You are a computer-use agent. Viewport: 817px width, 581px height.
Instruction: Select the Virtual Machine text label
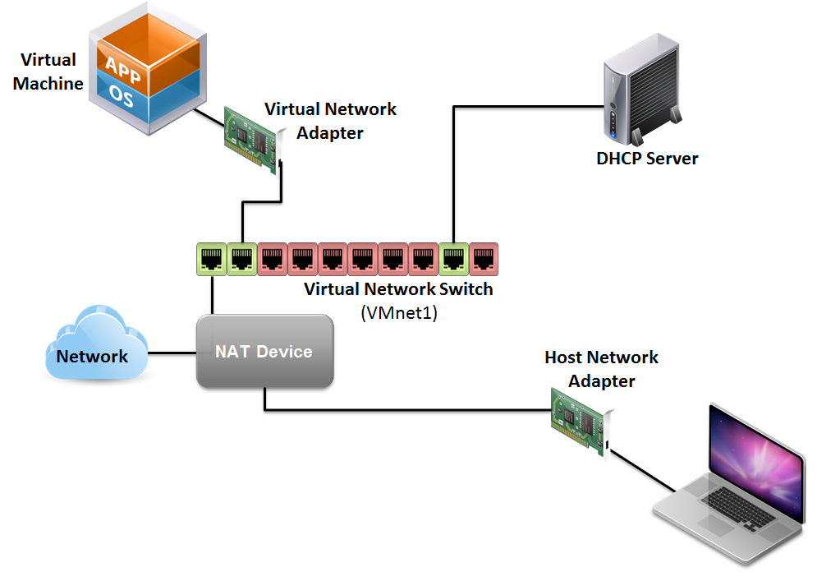tap(48, 71)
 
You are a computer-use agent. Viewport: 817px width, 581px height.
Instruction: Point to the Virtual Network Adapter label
tap(330, 120)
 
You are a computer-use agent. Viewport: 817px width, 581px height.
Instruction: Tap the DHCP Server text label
tap(647, 159)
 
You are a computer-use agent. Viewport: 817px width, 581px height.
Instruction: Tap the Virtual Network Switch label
tap(398, 289)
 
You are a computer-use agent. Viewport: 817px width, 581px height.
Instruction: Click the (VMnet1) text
tap(398, 312)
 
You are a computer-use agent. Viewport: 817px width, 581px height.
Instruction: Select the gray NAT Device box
tap(264, 352)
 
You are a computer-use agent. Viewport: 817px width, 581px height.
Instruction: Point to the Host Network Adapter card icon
tap(581, 421)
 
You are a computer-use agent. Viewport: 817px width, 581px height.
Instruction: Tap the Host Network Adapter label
tap(601, 369)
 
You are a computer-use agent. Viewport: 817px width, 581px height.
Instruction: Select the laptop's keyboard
tap(730, 506)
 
